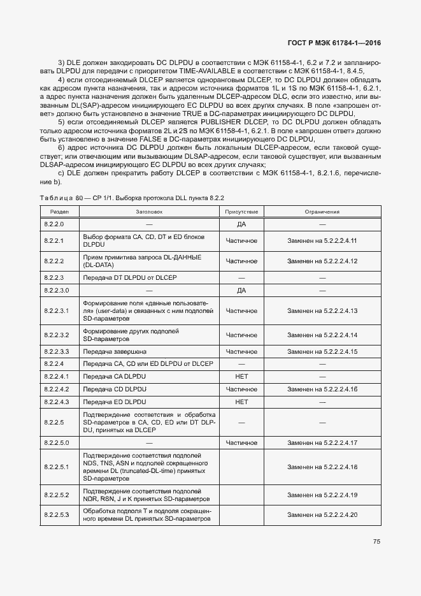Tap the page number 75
pyautogui.click(x=376, y=542)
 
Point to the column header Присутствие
pyautogui.click(x=241, y=212)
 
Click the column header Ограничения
pyautogui.click(x=322, y=212)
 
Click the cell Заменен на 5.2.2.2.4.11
pyautogui.click(x=322, y=241)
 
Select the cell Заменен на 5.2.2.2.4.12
pyautogui.click(x=322, y=261)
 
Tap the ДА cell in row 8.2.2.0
pyautogui.click(x=241, y=224)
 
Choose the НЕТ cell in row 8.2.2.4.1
pyautogui.click(x=241, y=377)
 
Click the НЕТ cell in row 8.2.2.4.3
pyautogui.click(x=241, y=402)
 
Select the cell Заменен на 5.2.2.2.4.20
pyautogui.click(x=322, y=514)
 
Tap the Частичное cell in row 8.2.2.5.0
pyautogui.click(x=241, y=442)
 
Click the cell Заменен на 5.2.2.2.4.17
pyautogui.click(x=322, y=442)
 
